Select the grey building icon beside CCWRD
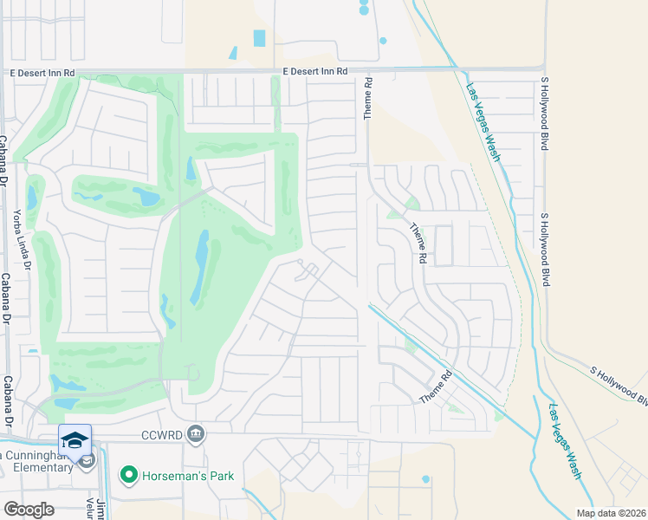coord(197,432)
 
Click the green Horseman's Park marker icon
coord(129,475)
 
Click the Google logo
coord(29,510)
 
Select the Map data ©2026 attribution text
coord(611,513)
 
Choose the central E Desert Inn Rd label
coord(314,71)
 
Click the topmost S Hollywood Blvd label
coord(545,114)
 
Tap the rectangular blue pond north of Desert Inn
coord(260,38)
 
